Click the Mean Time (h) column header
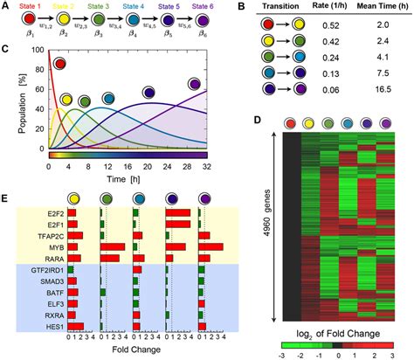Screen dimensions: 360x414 tap(370, 10)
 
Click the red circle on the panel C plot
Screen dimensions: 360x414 tap(60, 64)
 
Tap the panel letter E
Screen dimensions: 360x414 tap(6, 199)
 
